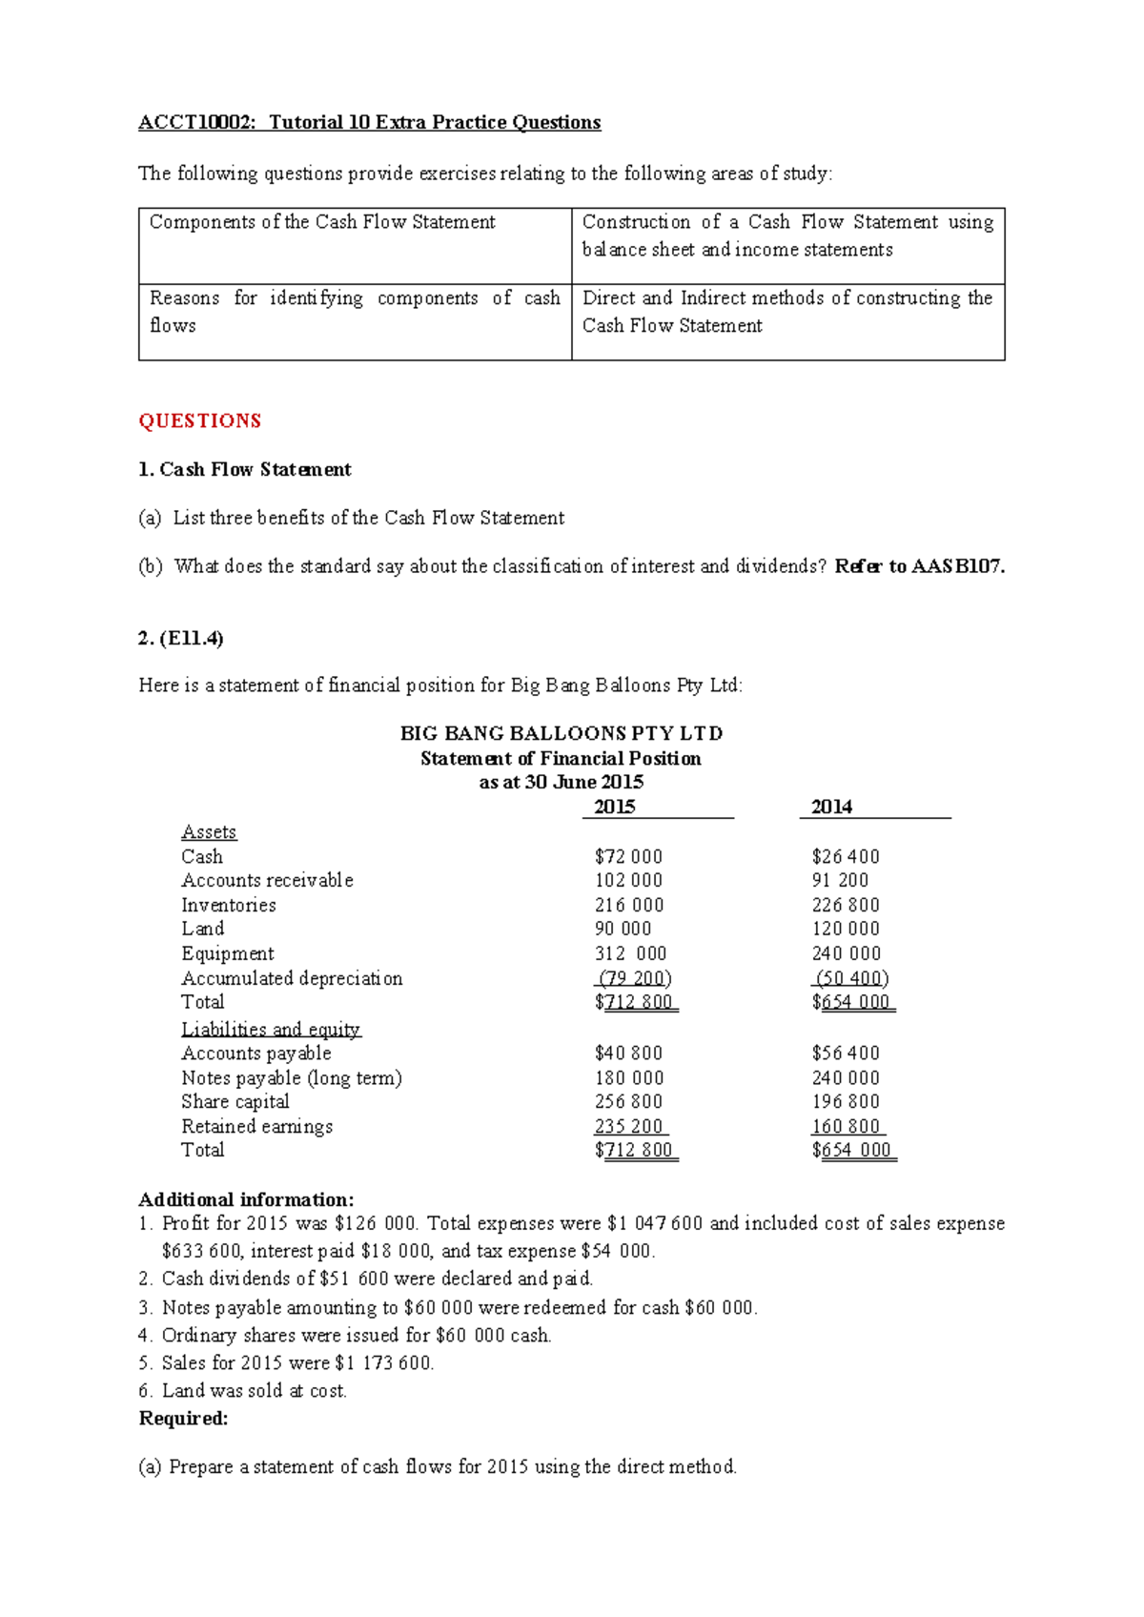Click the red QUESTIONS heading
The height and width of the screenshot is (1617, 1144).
pyautogui.click(x=199, y=421)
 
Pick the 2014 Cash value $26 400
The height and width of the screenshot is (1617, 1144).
pyautogui.click(x=845, y=857)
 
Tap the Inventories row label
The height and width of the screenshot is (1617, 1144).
pyautogui.click(x=229, y=906)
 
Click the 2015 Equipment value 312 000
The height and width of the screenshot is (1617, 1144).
pyautogui.click(x=629, y=954)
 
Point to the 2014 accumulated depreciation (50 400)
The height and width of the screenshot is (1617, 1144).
pyautogui.click(x=850, y=978)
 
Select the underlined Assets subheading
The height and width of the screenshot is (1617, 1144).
pyautogui.click(x=209, y=832)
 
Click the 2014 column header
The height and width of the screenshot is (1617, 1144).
pyautogui.click(x=831, y=808)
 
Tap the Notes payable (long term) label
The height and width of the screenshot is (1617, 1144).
pyautogui.click(x=292, y=1078)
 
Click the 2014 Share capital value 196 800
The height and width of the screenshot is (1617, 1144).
pyautogui.click(x=845, y=1102)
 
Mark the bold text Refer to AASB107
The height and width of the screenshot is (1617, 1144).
pyautogui.click(x=919, y=566)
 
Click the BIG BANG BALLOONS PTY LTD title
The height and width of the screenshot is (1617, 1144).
pyautogui.click(x=561, y=733)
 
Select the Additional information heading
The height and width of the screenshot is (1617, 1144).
pyautogui.click(x=246, y=1199)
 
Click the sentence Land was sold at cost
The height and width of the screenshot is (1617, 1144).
pyautogui.click(x=254, y=1391)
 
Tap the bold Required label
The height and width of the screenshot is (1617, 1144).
pyautogui.click(x=183, y=1419)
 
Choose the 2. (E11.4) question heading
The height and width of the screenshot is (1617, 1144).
pyautogui.click(x=180, y=639)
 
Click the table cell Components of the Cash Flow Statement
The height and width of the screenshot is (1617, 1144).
pyautogui.click(x=322, y=222)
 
